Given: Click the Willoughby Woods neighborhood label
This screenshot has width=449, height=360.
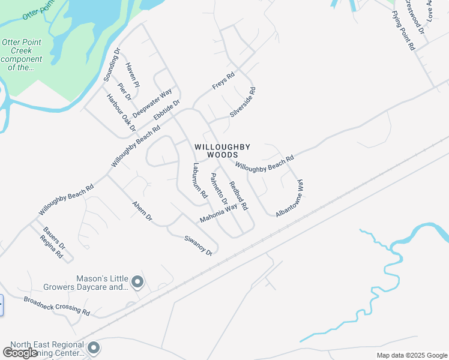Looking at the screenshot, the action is (221, 151).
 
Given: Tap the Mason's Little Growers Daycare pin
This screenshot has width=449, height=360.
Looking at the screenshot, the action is (137, 281).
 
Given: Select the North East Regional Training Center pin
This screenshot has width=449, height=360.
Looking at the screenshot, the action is (93, 347).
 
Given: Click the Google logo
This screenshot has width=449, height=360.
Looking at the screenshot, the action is (20, 353).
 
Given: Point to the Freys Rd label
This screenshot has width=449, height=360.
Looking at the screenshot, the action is (223, 82).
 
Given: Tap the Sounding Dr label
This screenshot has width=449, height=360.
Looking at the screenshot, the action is (112, 65).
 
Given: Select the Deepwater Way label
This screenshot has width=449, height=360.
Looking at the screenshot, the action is (152, 103).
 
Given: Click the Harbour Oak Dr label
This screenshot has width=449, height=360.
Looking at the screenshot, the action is (121, 112).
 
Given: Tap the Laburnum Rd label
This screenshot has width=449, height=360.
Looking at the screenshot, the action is (200, 181).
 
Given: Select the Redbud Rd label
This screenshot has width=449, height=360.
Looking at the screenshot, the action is (239, 196).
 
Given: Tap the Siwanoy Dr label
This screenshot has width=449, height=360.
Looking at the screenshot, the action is (199, 245).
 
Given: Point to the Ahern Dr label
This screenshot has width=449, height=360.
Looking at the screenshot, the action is (142, 211).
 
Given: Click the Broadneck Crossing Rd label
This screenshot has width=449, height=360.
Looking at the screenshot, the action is (56, 306).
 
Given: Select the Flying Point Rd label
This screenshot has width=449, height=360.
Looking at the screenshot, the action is (403, 29).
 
